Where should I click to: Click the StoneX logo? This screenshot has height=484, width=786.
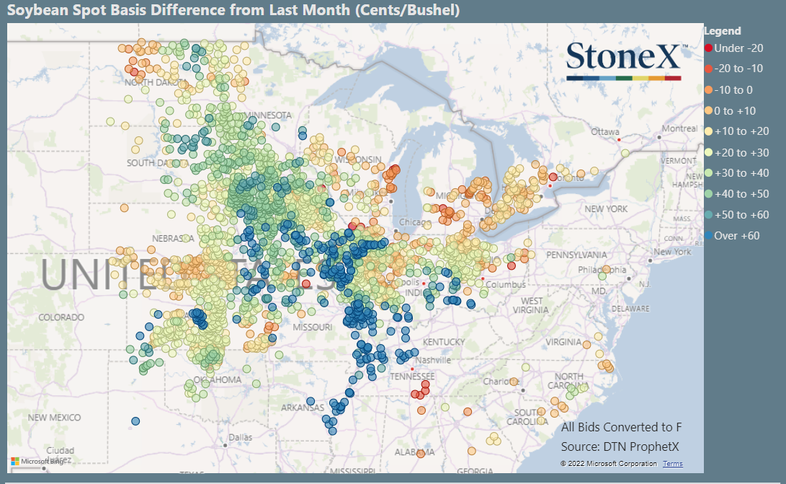click(624, 61)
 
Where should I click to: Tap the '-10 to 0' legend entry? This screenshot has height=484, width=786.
click(739, 90)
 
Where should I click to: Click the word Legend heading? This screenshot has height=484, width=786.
click(722, 31)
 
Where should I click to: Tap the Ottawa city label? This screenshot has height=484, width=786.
click(604, 132)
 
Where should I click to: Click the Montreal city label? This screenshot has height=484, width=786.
click(679, 128)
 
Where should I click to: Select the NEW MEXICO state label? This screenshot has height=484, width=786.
click(55, 418)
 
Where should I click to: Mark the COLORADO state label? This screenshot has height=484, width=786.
click(61, 317)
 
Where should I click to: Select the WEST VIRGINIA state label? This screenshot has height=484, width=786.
click(532, 305)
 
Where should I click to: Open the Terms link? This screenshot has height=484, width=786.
click(673, 464)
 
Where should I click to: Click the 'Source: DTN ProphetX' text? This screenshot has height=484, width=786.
click(620, 446)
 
